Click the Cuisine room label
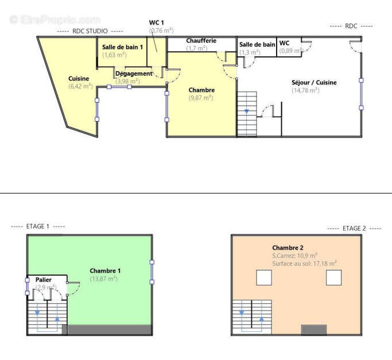[x=79, y=79]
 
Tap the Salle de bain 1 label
[x=122, y=47]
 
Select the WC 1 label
[x=157, y=22]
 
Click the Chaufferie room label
[x=200, y=41]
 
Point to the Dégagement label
[x=134, y=73]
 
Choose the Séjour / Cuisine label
[x=313, y=83]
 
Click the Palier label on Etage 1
[x=44, y=280]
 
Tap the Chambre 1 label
[x=105, y=270]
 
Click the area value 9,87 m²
[x=200, y=98]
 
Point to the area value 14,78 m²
[x=305, y=91]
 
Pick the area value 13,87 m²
[x=103, y=278]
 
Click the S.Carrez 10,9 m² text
[x=295, y=256]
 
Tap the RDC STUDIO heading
[x=90, y=31]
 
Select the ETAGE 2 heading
[x=354, y=229]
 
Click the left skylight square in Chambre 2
[x=263, y=277]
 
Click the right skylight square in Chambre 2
[x=334, y=277]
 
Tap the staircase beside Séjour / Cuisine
[x=247, y=114]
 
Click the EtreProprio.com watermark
[x=55, y=20]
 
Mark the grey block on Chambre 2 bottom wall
[x=314, y=330]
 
